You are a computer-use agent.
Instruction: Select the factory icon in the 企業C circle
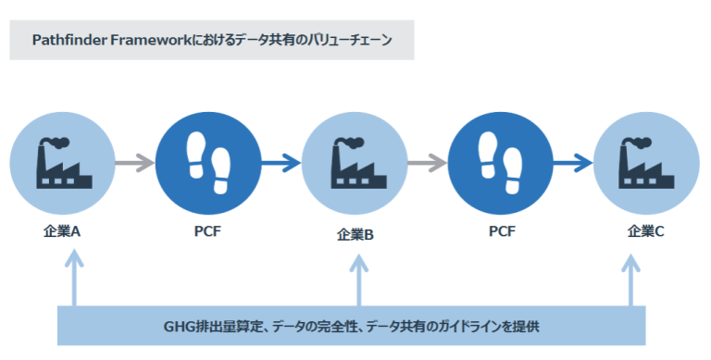point(645,164)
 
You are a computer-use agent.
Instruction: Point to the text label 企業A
point(62,231)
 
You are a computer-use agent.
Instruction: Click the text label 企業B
point(355,235)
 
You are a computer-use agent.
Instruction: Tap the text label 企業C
point(645,231)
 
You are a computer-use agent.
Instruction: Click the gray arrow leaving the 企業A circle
point(135,164)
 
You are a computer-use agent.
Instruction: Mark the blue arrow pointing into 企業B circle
point(281,164)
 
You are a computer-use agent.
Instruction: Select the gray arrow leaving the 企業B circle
point(427,164)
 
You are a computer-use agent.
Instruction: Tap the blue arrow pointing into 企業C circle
point(572,164)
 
